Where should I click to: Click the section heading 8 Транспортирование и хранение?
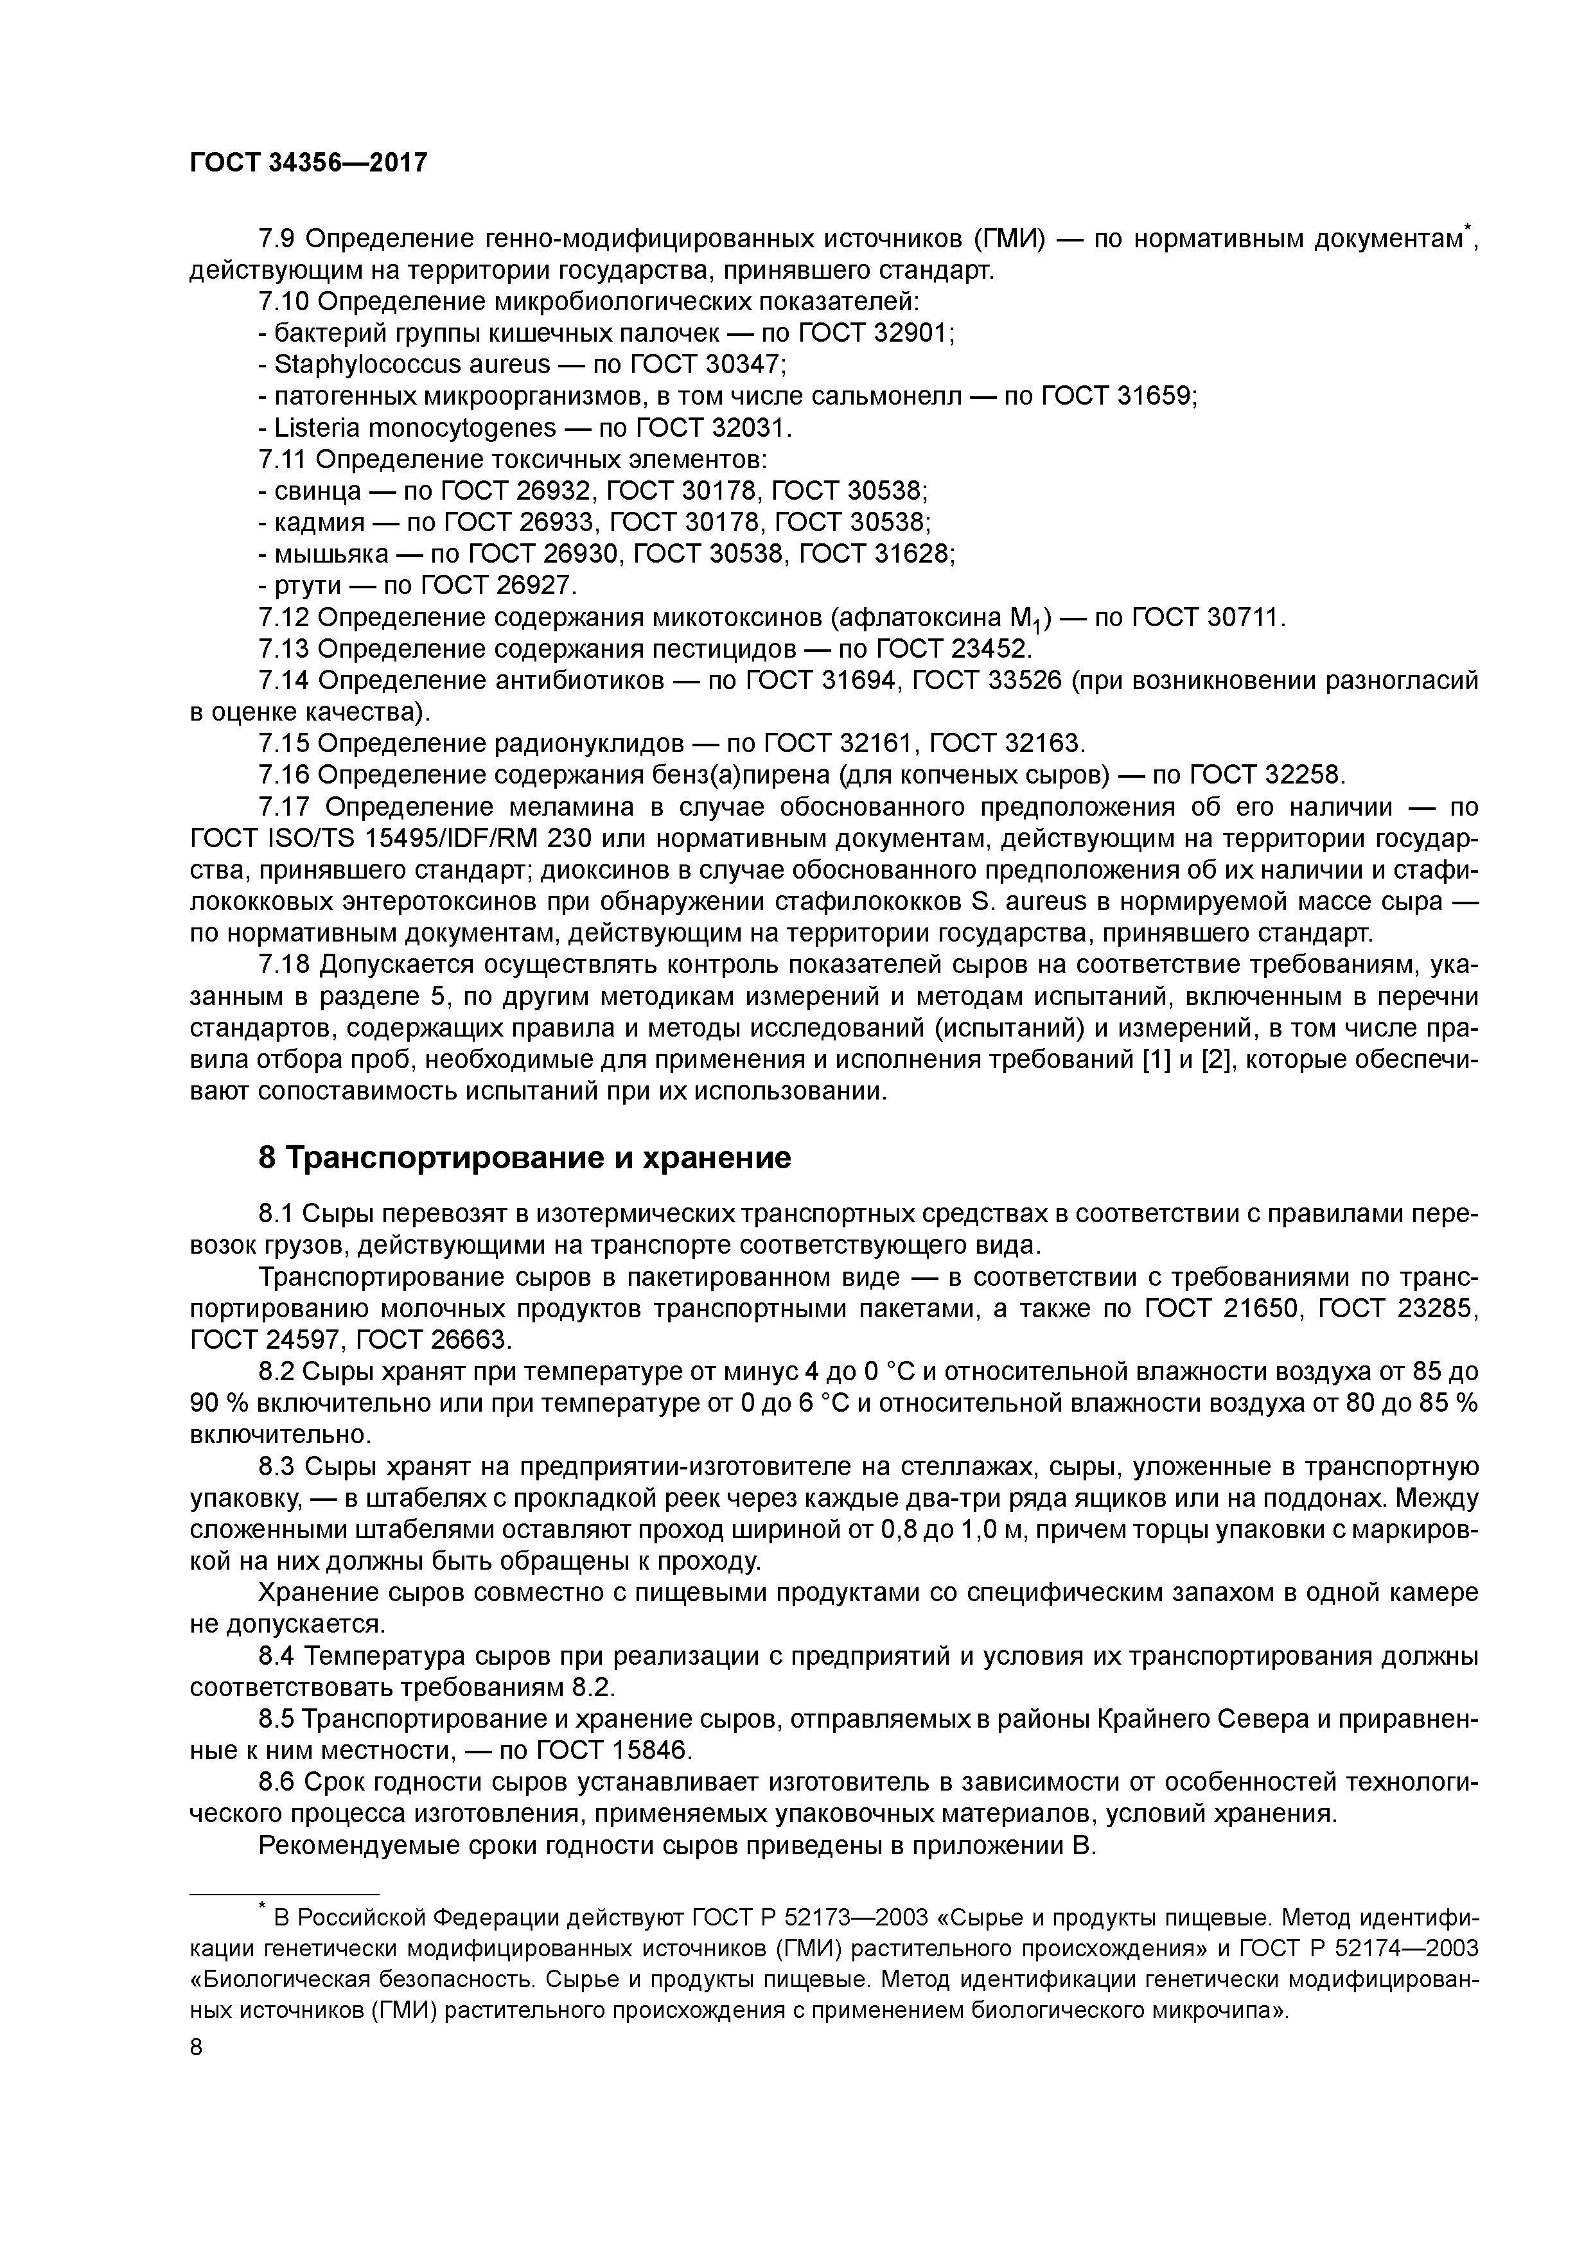524,1158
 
